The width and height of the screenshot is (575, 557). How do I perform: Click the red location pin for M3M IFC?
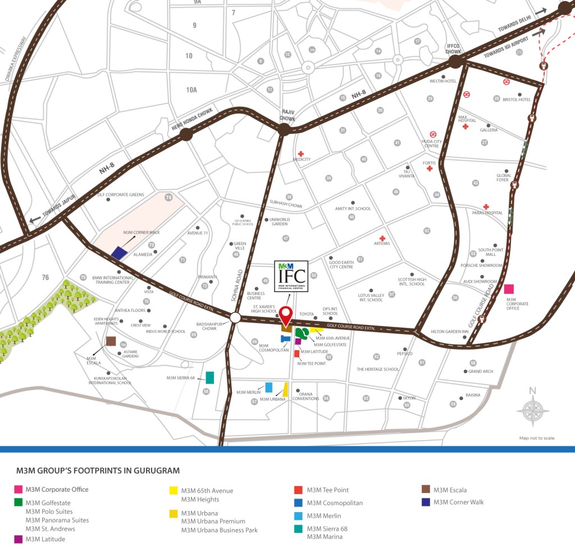click(x=286, y=316)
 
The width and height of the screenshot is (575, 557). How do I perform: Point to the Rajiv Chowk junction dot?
click(x=284, y=130)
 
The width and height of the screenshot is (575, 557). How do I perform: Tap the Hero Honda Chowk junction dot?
click(x=186, y=134)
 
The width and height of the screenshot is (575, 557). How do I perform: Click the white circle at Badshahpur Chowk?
click(x=235, y=318)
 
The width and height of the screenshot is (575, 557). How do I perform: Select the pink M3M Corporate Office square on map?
click(x=509, y=289)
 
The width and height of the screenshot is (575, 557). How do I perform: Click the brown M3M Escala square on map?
click(x=111, y=342)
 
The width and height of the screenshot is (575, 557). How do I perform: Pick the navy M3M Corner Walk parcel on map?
click(x=119, y=252)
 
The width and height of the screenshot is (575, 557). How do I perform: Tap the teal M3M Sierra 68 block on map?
click(x=210, y=377)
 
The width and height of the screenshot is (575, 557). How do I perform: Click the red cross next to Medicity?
click(x=301, y=153)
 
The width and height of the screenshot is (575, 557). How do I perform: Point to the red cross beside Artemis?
click(x=382, y=238)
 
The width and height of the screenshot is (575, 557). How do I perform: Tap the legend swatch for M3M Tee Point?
click(x=298, y=490)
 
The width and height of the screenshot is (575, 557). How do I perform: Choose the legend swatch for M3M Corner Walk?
click(x=426, y=502)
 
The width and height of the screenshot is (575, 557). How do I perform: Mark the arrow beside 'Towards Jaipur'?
click(x=35, y=220)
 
